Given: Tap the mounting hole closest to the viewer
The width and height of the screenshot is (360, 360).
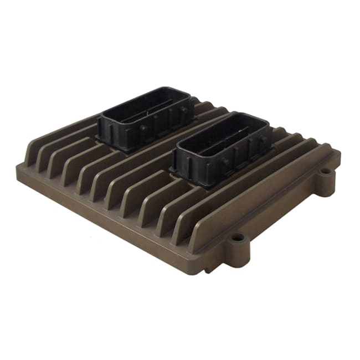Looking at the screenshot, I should pyautogui.click(x=238, y=238).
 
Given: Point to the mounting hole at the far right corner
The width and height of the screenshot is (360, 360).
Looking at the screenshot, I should pyautogui.click(x=323, y=173).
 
